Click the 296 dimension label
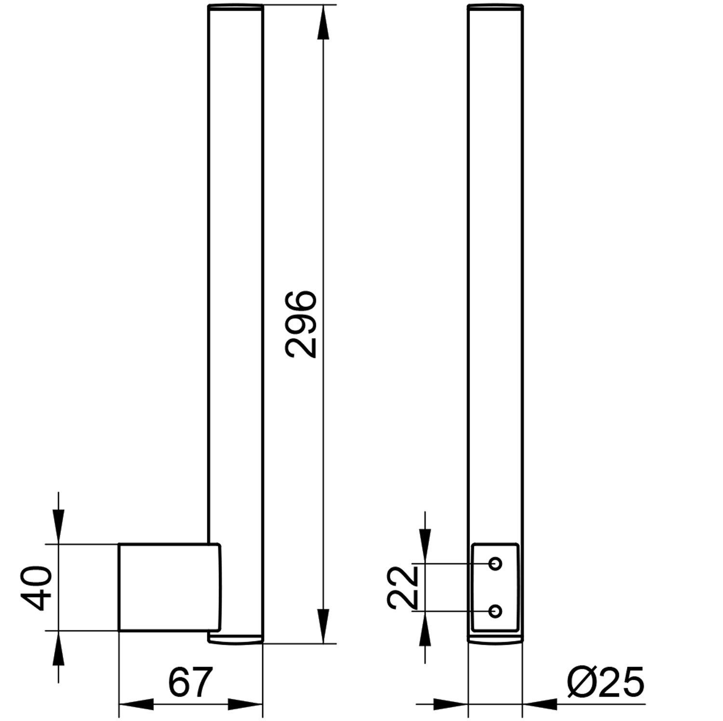click(x=300, y=324)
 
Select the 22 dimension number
click(x=402, y=587)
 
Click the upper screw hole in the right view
click(x=495, y=563)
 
